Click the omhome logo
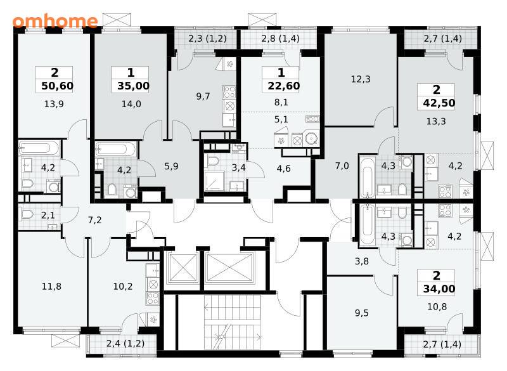point(55,21)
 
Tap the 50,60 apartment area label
point(58,86)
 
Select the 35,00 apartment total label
point(133,86)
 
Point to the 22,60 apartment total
point(284,86)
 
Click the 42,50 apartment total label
point(439,103)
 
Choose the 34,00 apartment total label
point(439,289)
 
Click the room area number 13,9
point(54,104)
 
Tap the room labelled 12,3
point(361,79)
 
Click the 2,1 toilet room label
point(48,215)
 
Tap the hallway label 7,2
point(94,220)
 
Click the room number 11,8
point(51,287)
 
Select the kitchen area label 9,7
point(203,96)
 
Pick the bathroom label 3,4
point(239,167)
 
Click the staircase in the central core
point(233,322)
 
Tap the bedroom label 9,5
point(361,313)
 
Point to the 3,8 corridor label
point(361,261)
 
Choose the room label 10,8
point(437,307)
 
